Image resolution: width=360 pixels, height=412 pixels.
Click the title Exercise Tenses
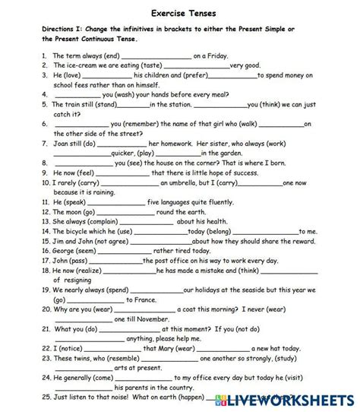pyautogui.click(x=180, y=13)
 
